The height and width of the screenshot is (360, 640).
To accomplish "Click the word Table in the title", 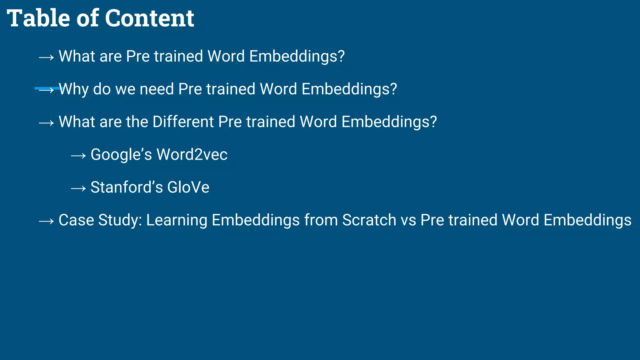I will [38, 18].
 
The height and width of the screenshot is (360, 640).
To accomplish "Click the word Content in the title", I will [149, 18].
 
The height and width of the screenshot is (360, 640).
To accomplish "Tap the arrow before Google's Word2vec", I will [78, 155].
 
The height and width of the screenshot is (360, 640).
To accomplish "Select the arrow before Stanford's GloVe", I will [78, 188].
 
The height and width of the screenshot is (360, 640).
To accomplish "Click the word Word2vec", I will [192, 154].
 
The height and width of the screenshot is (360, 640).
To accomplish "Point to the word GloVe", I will [188, 187].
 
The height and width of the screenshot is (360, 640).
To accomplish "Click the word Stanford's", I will [127, 187].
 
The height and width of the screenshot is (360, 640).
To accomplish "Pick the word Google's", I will [121, 155].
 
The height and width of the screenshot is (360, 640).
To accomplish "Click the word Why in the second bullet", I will [74, 89].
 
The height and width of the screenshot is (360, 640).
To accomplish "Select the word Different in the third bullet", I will [183, 122].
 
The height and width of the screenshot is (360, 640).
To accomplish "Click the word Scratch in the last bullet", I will [369, 220].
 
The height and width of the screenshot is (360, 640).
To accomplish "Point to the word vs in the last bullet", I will [408, 220].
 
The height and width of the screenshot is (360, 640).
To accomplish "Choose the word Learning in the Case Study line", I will [177, 220].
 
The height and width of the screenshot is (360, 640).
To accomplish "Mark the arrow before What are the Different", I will [46, 123].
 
